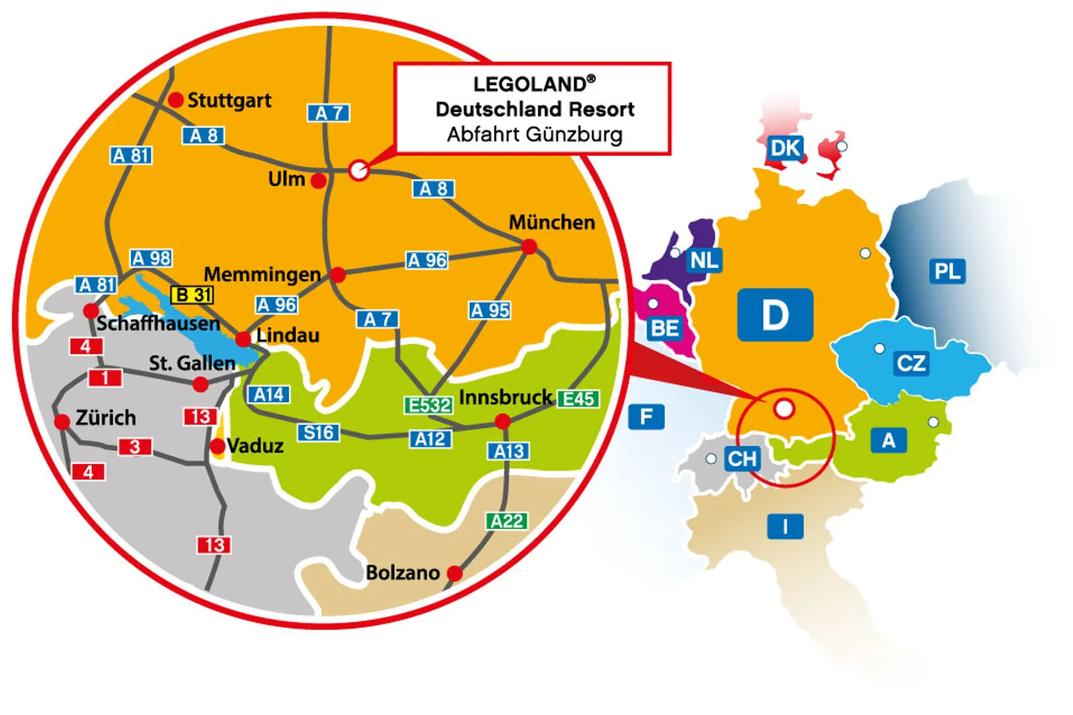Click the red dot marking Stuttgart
[176, 100]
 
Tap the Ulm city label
[286, 179]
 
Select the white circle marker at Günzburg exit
[359, 170]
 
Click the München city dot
[529, 247]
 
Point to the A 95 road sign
[490, 310]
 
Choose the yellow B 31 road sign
[192, 295]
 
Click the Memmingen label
[262, 274]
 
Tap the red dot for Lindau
[243, 339]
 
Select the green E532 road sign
[429, 405]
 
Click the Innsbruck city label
[505, 397]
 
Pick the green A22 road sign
[507, 521]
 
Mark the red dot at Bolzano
[454, 573]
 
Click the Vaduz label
[255, 446]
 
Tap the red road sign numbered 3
[134, 447]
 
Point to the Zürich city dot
[63, 422]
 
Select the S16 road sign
[318, 433]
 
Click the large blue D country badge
[775, 315]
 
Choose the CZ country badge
[911, 363]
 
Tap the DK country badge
[785, 148]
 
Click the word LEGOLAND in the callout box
[529, 84]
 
